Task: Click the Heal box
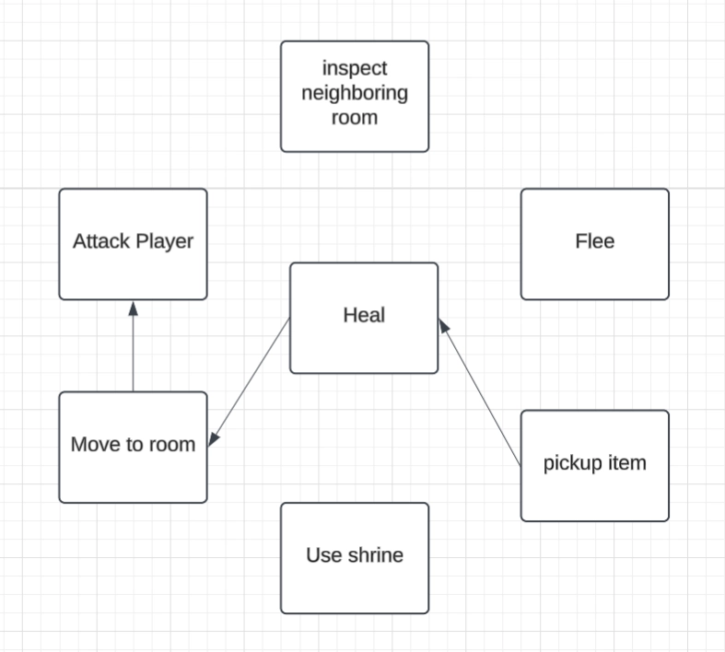click(x=364, y=318)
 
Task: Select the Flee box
click(x=594, y=244)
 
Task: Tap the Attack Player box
click(x=133, y=244)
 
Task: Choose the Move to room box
click(x=133, y=447)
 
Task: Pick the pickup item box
click(x=594, y=465)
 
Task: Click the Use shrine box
click(x=355, y=557)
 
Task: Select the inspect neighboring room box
click(x=355, y=96)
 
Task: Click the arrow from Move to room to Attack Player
click(x=133, y=350)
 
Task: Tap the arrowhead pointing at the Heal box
click(x=444, y=327)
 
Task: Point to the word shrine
click(x=376, y=554)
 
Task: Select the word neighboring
click(x=355, y=93)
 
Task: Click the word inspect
click(x=355, y=68)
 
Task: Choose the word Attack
click(x=100, y=241)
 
